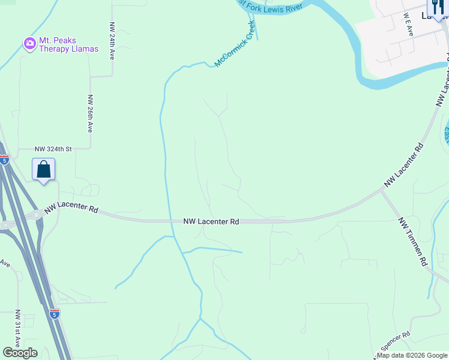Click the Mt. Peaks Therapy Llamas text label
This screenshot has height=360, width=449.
[58, 44]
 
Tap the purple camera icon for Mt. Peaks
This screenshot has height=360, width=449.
[29, 44]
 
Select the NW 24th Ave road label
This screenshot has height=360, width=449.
[112, 41]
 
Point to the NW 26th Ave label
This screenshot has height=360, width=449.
[90, 113]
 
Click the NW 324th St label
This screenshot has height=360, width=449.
[53, 149]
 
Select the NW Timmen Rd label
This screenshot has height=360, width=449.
[412, 242]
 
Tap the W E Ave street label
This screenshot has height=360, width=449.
[408, 26]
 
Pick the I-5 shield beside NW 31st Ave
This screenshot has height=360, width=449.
[55, 314]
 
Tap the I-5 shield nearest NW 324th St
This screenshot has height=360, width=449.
[5, 160]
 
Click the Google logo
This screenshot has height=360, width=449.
[20, 353]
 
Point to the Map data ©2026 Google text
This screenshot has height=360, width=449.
[412, 355]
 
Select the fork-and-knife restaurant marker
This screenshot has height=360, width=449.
[436, 8]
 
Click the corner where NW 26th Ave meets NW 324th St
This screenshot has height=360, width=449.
[91, 148]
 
